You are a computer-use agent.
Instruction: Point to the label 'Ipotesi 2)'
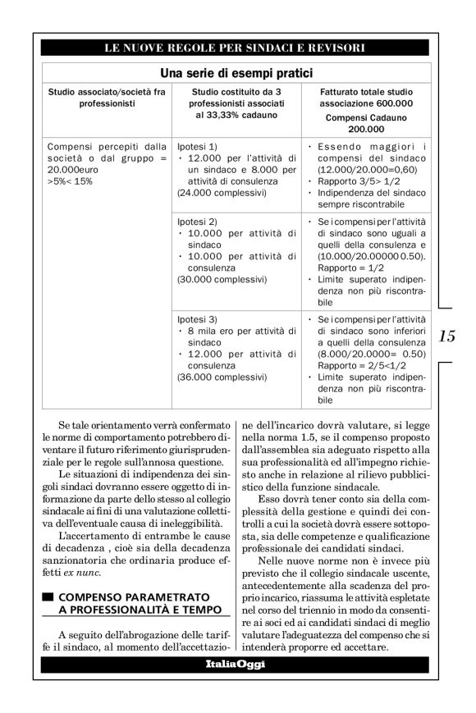coord(195,222)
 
